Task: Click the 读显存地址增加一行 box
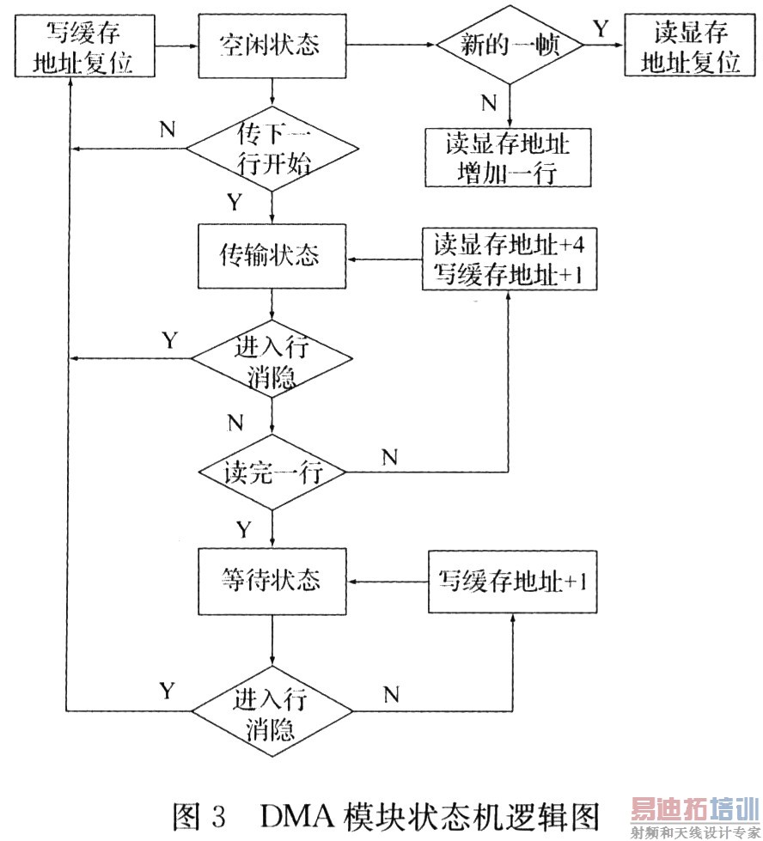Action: (x=508, y=157)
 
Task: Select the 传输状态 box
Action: (x=272, y=256)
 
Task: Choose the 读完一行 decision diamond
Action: (x=272, y=473)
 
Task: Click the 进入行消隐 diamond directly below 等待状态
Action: (x=272, y=712)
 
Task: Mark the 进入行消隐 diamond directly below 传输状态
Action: (x=272, y=362)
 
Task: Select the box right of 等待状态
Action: (x=512, y=582)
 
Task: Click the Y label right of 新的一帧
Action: (x=598, y=29)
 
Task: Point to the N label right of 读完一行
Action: (x=389, y=457)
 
